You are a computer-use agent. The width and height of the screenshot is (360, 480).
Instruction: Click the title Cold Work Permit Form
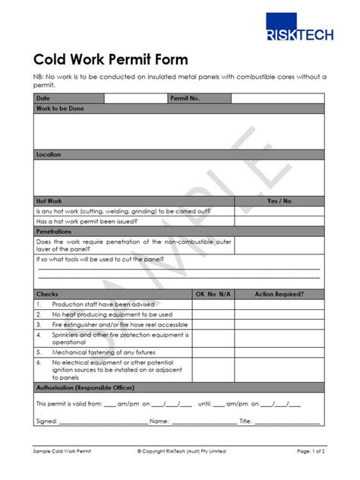111,59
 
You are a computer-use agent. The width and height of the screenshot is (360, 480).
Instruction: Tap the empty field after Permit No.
277,99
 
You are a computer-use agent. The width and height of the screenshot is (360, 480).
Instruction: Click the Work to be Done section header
61,109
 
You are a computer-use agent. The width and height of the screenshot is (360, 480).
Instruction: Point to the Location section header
49,154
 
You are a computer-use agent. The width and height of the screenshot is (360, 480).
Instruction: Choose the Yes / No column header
279,201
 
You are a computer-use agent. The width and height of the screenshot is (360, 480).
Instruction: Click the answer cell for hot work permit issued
279,221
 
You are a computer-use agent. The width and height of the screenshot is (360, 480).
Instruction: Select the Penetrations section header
54,231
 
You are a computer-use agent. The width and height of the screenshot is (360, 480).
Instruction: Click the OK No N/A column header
212,293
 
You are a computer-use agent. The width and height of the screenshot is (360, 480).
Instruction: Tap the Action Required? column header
279,293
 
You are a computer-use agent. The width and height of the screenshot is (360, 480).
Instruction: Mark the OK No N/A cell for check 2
212,314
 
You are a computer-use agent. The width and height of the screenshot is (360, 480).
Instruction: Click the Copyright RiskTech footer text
182,451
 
